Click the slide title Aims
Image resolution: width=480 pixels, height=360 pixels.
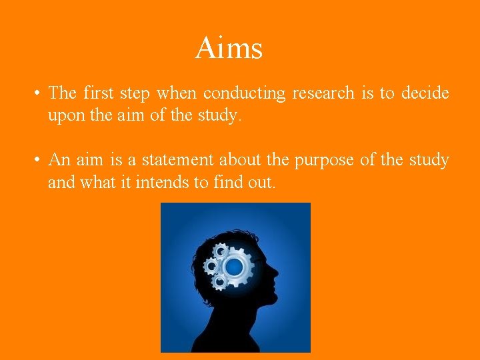pos(229,48)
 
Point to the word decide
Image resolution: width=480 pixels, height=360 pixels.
pos(425,93)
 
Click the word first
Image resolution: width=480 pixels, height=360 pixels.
pos(98,93)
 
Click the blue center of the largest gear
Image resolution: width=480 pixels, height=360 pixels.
pos(235,268)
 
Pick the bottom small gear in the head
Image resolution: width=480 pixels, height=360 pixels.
pos(219,283)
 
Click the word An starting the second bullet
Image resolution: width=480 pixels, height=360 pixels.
pos(59,160)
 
